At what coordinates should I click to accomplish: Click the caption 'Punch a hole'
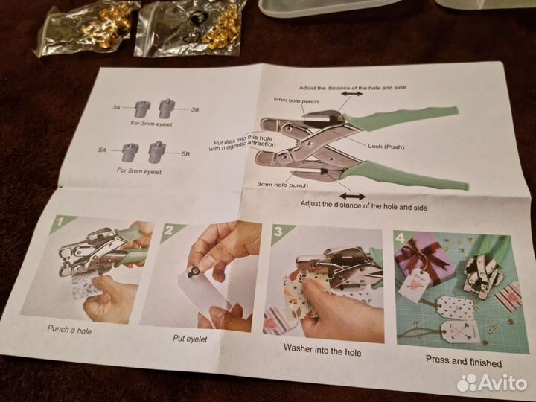pyautogui.click(x=69, y=330)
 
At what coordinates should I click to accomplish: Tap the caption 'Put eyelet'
pyautogui.click(x=190, y=339)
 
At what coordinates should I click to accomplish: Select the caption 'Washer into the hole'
pyautogui.click(x=322, y=350)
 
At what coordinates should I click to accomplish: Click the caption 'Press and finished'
pyautogui.click(x=464, y=361)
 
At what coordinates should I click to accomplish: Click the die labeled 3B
pyautogui.click(x=167, y=109)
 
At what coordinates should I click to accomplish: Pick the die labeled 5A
pyautogui.click(x=130, y=152)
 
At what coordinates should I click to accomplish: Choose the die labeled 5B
pyautogui.click(x=157, y=152)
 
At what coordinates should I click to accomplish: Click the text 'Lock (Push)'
pyautogui.click(x=386, y=147)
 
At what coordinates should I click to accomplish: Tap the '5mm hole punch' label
pyautogui.click(x=296, y=100)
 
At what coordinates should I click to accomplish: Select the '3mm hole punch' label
pyautogui.click(x=283, y=185)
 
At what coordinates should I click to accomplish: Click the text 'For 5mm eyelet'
pyautogui.click(x=139, y=171)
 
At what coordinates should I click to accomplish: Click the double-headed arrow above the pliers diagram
pyautogui.click(x=351, y=93)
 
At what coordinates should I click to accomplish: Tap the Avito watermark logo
pyautogui.click(x=492, y=383)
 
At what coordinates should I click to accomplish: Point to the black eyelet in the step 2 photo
pyautogui.click(x=192, y=272)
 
